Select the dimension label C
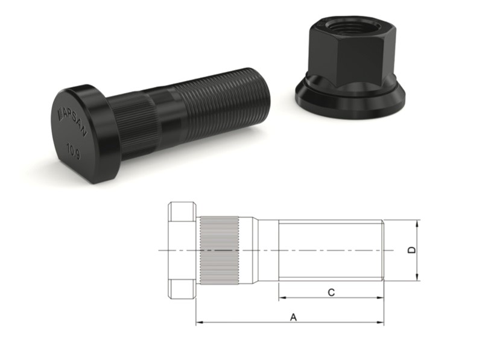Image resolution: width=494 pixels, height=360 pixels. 331,292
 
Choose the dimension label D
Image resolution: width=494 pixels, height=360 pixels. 412,250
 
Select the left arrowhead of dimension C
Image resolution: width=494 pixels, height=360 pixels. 282,298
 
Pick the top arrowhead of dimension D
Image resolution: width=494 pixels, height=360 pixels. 417,223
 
